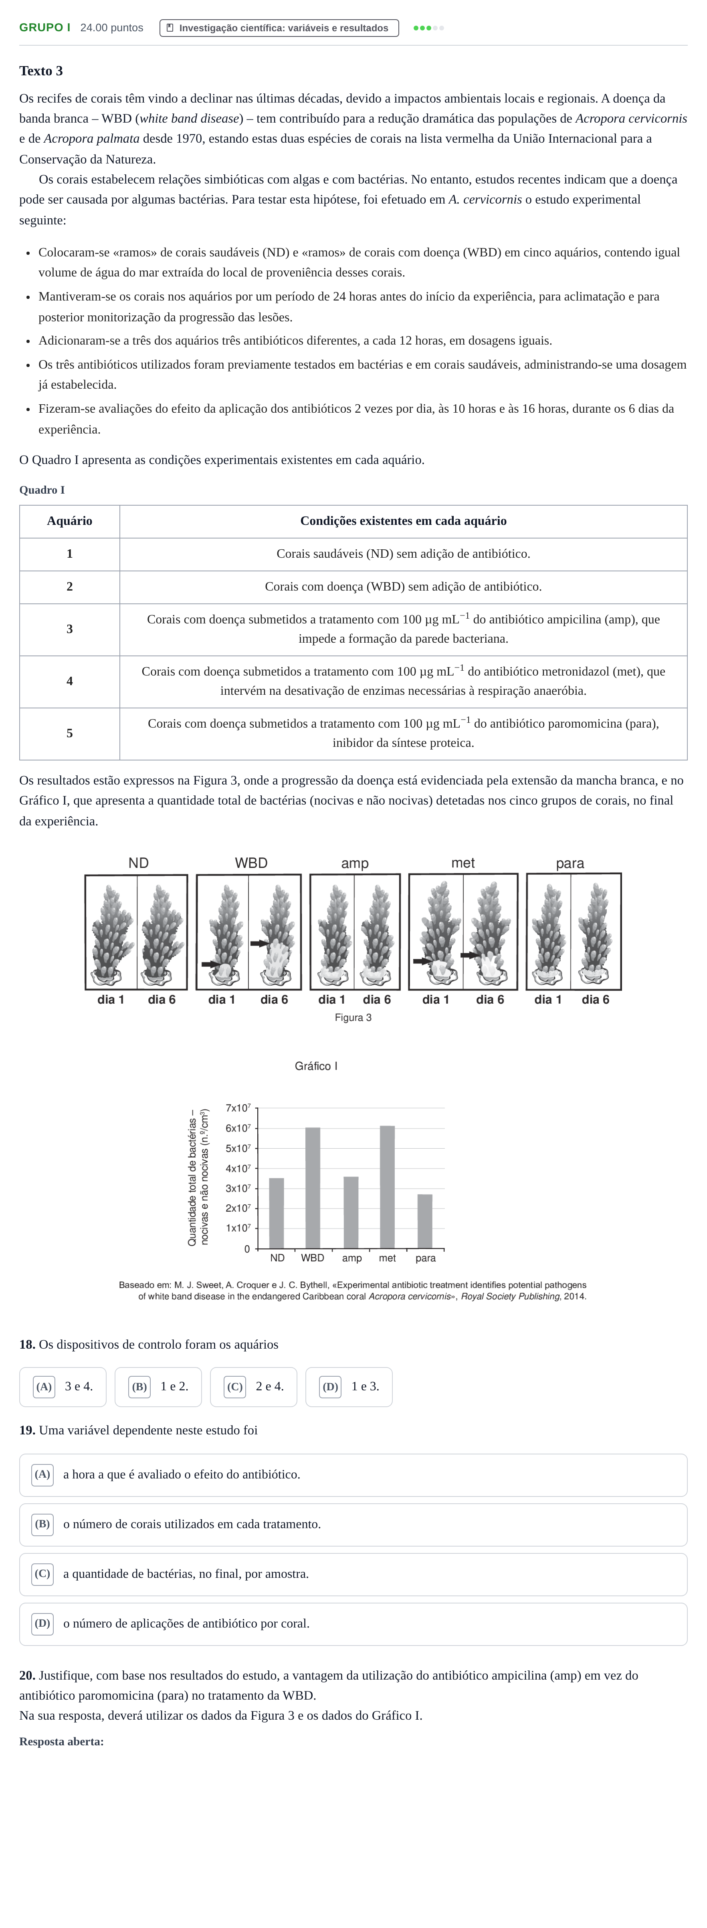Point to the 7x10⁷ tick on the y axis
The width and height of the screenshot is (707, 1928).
point(238,1108)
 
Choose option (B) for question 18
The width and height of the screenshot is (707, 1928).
point(158,1387)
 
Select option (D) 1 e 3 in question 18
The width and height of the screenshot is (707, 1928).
point(349,1387)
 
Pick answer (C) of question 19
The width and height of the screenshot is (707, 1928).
point(353,1574)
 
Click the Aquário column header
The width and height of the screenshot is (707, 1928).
point(70,521)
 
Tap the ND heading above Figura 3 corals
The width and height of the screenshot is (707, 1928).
point(139,863)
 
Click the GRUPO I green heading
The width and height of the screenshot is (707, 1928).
point(45,28)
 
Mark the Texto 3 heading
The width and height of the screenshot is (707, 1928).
point(41,71)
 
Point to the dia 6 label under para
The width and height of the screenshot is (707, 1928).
point(596,1000)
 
